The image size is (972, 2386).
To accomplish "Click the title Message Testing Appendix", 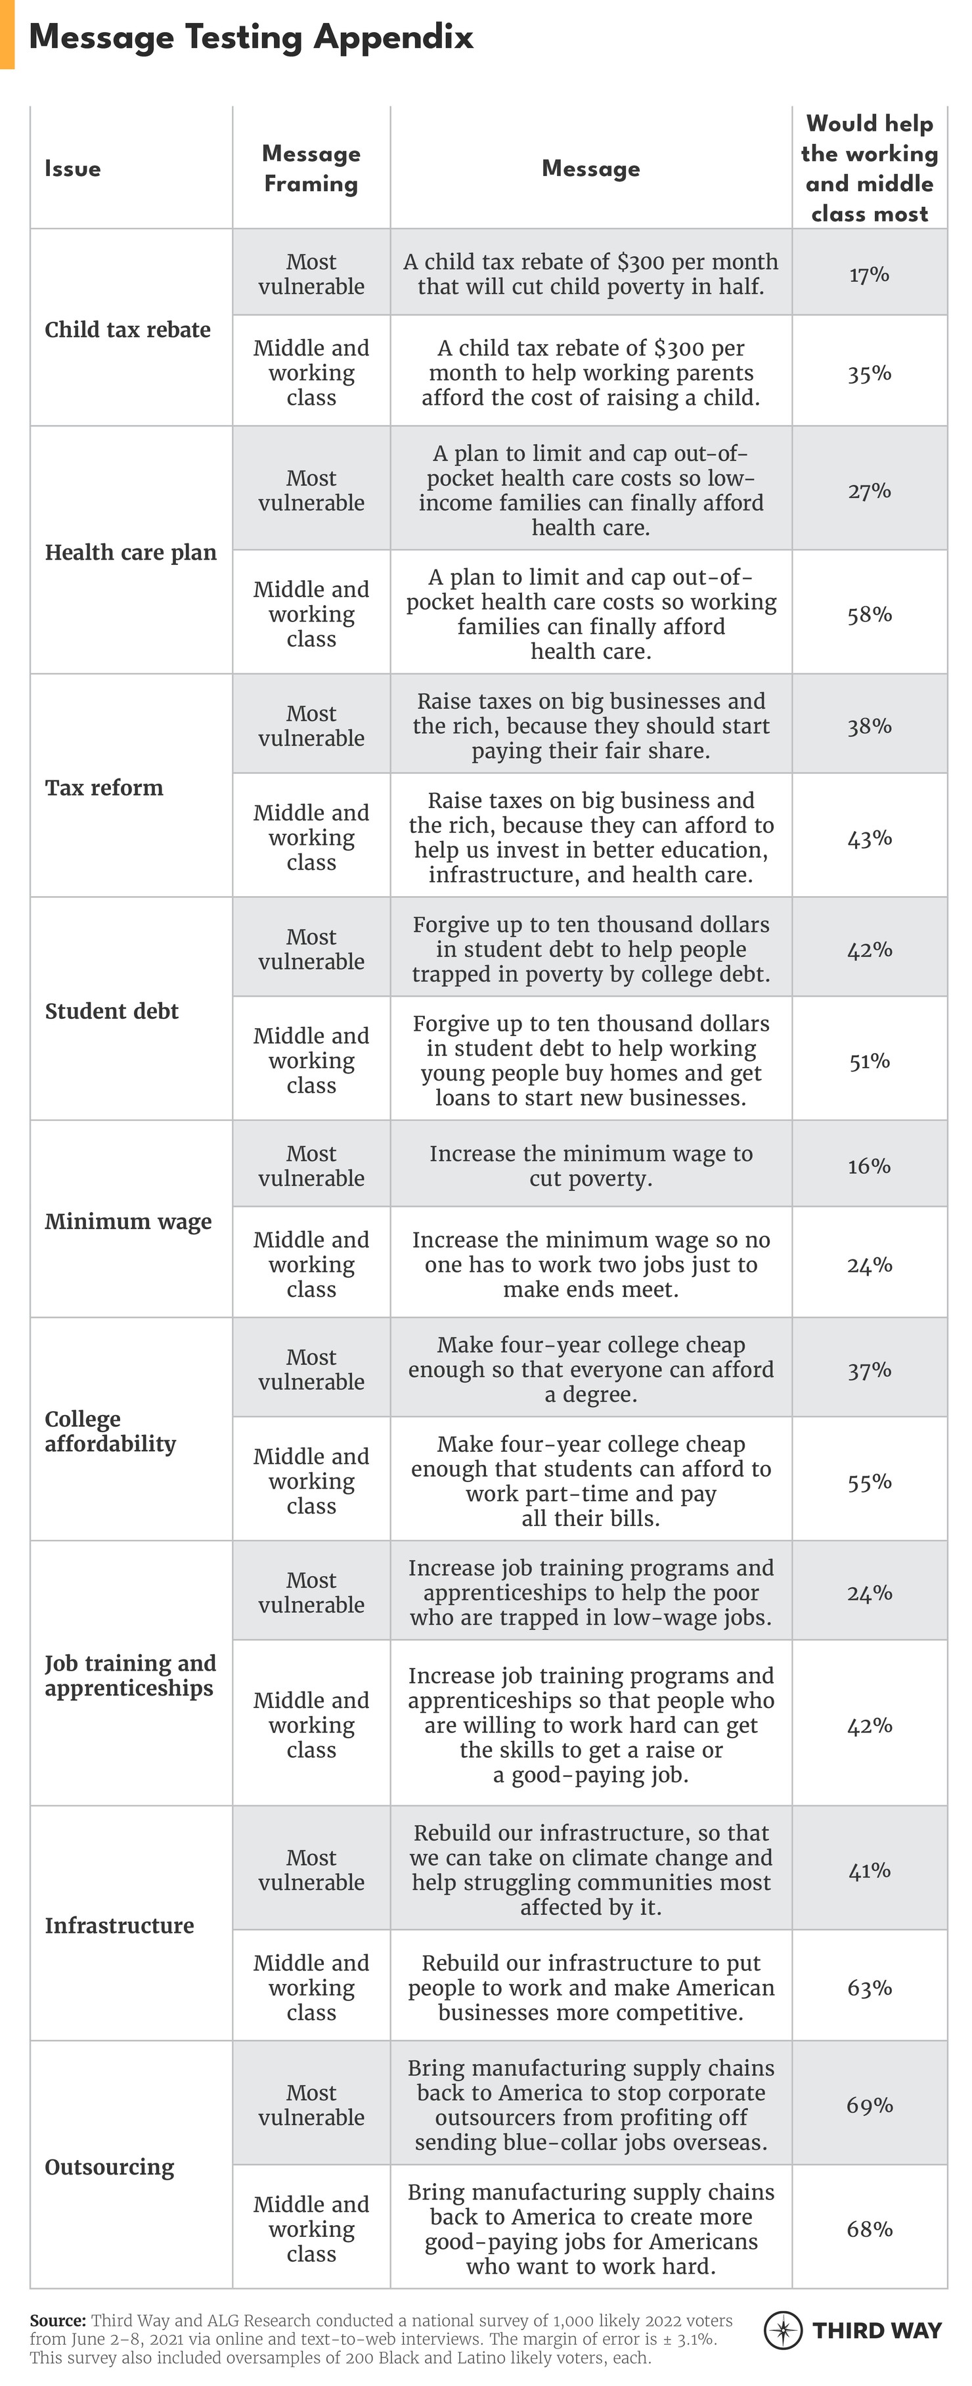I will click(x=251, y=37).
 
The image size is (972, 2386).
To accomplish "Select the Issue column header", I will click(x=72, y=169).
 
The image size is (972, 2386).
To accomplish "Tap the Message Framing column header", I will click(x=311, y=169).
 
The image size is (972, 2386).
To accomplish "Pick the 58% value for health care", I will click(x=870, y=614).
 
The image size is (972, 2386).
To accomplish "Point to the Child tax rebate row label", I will click(x=128, y=330).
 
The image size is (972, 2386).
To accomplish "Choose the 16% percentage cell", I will click(x=870, y=1165).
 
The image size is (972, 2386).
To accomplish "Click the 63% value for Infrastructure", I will click(x=870, y=1988).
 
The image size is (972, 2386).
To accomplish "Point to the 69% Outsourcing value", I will click(x=870, y=2105).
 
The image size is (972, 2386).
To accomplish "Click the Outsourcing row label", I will click(x=109, y=2167).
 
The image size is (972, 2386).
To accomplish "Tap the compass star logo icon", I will click(x=783, y=2330).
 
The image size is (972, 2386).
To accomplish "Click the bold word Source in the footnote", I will click(x=56, y=2320).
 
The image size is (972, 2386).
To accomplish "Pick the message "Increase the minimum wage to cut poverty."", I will click(x=590, y=1165).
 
